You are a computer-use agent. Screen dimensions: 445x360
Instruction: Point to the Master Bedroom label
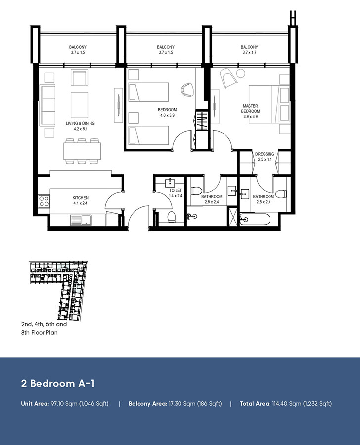pos(251,109)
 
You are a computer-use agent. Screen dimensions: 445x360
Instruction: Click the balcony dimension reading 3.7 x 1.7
pos(250,52)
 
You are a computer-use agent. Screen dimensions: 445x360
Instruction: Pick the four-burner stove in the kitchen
pos(44,201)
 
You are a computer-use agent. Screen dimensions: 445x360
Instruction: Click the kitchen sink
pos(79,220)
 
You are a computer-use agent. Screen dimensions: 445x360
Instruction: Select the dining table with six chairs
pos(82,150)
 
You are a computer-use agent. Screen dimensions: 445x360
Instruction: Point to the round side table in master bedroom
pos(241,74)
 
